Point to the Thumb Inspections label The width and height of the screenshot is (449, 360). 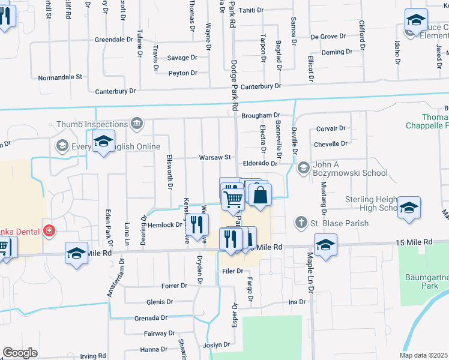click(92, 124)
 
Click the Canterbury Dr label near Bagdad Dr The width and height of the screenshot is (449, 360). click(261, 86)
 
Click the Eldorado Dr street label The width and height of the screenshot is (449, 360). click(260, 163)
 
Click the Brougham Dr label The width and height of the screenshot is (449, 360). click(261, 115)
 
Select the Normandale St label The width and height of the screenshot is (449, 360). click(60, 77)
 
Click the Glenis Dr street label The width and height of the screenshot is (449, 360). click(159, 302)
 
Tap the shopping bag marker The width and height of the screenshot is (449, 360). click(261, 196)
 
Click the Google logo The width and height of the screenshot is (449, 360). click(20, 353)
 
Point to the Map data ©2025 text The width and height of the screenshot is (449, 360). click(424, 355)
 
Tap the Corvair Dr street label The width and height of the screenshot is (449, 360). click(331, 128)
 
